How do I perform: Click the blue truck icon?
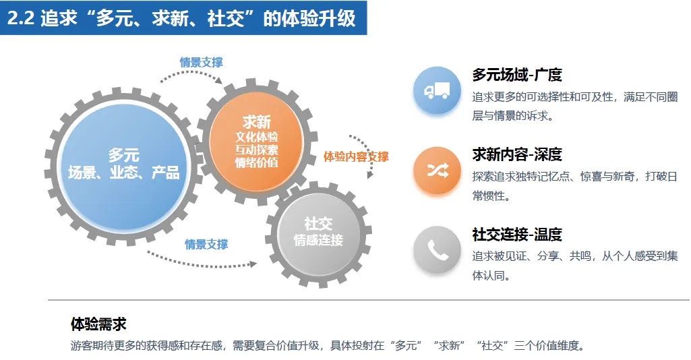pos(437,90)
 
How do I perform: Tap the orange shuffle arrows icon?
pos(437,171)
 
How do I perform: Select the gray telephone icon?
pos(437,250)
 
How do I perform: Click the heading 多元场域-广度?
pos(517,75)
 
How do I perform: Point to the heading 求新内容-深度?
pos(517,154)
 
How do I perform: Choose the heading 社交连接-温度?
pos(517,235)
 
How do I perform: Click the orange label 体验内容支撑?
pos(356,156)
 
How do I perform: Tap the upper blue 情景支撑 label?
pos(201,62)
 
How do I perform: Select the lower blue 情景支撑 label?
pos(206,244)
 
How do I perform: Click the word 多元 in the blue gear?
pos(123,156)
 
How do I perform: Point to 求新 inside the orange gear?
pos(256,122)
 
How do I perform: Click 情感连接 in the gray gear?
pos(318,240)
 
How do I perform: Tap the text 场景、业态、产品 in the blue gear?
pos(123,173)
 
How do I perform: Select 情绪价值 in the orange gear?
pos(256,162)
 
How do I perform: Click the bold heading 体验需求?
pos(98,324)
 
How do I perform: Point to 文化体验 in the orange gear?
pos(256,137)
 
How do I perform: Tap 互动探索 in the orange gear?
pos(256,150)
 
